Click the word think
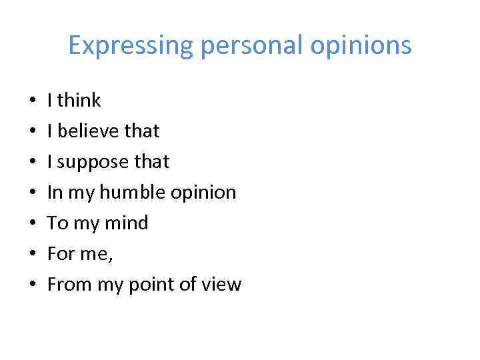point(79,101)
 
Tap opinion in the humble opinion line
point(203,193)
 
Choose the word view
point(223,285)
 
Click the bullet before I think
point(32,101)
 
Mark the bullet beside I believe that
point(32,132)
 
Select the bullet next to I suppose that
point(32,163)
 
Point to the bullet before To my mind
point(32,224)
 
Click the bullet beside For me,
point(32,255)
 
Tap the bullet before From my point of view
point(32,285)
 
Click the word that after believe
point(141,131)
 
